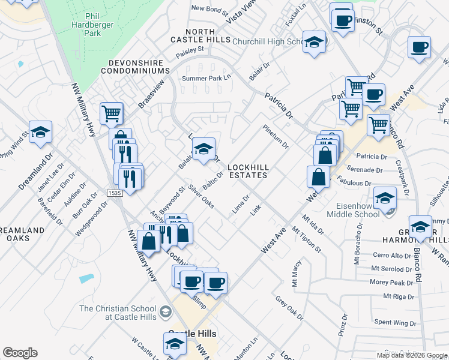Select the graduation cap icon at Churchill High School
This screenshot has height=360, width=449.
[x=314, y=42]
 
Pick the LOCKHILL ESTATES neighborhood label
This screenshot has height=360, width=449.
[x=247, y=171]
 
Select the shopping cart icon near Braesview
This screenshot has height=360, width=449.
[x=112, y=112]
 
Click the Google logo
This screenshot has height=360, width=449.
[x=20, y=353]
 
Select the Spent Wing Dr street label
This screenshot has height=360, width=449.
[x=395, y=323]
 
